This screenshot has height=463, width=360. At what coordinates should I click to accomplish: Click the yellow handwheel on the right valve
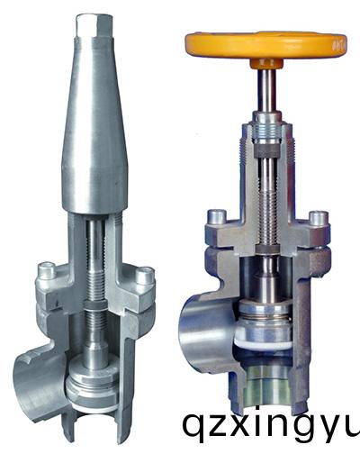pyautogui.click(x=265, y=45)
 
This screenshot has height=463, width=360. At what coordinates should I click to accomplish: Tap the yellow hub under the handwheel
pyautogui.click(x=266, y=63)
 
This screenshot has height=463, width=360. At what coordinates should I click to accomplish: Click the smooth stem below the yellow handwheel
pyautogui.click(x=267, y=89)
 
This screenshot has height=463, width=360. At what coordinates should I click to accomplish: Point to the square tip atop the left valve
pyautogui.click(x=94, y=26)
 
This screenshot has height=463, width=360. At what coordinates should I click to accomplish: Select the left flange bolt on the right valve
pyautogui.click(x=217, y=216)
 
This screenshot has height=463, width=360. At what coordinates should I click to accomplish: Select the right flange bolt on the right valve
pyautogui.click(x=319, y=219)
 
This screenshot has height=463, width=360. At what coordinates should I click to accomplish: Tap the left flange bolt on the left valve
pyautogui.click(x=46, y=270)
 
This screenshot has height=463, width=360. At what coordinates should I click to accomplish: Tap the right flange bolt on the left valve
pyautogui.click(x=145, y=276)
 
